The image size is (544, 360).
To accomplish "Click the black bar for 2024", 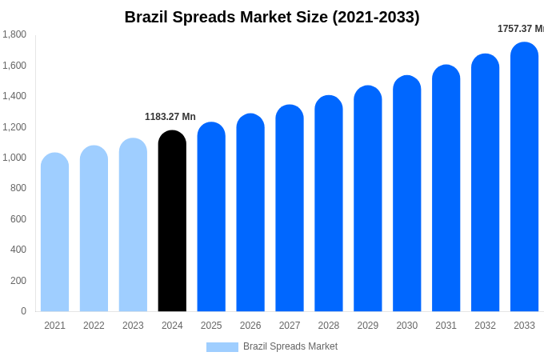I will point(172,222).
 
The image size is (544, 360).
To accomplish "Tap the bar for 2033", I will point(524,177).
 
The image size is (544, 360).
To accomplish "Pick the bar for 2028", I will point(328,204).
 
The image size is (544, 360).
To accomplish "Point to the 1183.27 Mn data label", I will point(170,117).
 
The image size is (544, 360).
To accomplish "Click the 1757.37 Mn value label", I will point(520,29).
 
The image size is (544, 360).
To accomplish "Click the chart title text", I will point(272,17).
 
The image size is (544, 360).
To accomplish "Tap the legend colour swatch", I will point(222,347).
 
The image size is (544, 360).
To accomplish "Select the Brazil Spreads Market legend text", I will point(290,346).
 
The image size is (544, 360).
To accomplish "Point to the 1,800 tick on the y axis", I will point(14,34).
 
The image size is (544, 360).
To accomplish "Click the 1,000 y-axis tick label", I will point(14,158).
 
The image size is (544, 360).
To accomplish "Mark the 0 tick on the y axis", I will point(23,311).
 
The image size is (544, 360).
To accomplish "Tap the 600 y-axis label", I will point(18,219).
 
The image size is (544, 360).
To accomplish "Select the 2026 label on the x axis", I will point(250,326).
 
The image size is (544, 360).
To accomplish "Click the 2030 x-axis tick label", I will point(406,326).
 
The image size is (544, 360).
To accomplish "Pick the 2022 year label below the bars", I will point(94,326).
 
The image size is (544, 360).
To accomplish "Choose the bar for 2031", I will point(446,188).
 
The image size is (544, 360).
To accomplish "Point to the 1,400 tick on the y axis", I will point(14,96).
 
